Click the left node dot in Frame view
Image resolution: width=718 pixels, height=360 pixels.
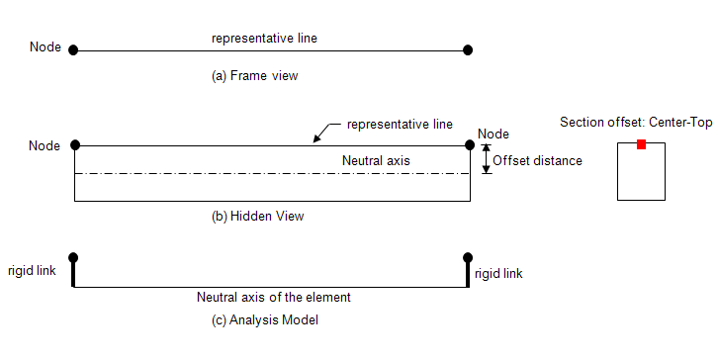[73, 49]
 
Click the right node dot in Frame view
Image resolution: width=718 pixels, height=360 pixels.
[468, 49]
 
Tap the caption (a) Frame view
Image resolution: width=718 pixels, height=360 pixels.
[254, 75]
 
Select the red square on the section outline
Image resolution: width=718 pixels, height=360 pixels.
[641, 144]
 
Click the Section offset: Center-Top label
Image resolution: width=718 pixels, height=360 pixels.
[636, 123]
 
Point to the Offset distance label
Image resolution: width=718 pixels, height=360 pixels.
[538, 161]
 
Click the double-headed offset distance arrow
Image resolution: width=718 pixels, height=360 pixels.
[487, 159]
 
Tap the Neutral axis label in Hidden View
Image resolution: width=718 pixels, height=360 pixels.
[376, 161]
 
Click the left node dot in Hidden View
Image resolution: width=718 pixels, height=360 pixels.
[75, 145]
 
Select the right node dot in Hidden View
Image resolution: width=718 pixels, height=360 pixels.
[470, 145]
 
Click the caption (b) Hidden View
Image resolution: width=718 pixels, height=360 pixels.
[258, 217]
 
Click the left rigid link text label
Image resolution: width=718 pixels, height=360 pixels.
[32, 271]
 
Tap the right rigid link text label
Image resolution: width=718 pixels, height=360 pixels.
[498, 273]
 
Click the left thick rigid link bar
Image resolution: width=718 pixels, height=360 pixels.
[73, 274]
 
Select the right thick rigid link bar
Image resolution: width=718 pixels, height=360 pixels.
[468, 274]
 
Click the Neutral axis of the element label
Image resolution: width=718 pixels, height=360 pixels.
[274, 298]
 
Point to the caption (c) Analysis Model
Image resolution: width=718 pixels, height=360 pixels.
[265, 319]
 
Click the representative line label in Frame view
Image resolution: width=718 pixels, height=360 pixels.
[264, 39]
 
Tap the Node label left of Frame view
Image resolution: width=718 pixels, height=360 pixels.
[45, 47]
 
